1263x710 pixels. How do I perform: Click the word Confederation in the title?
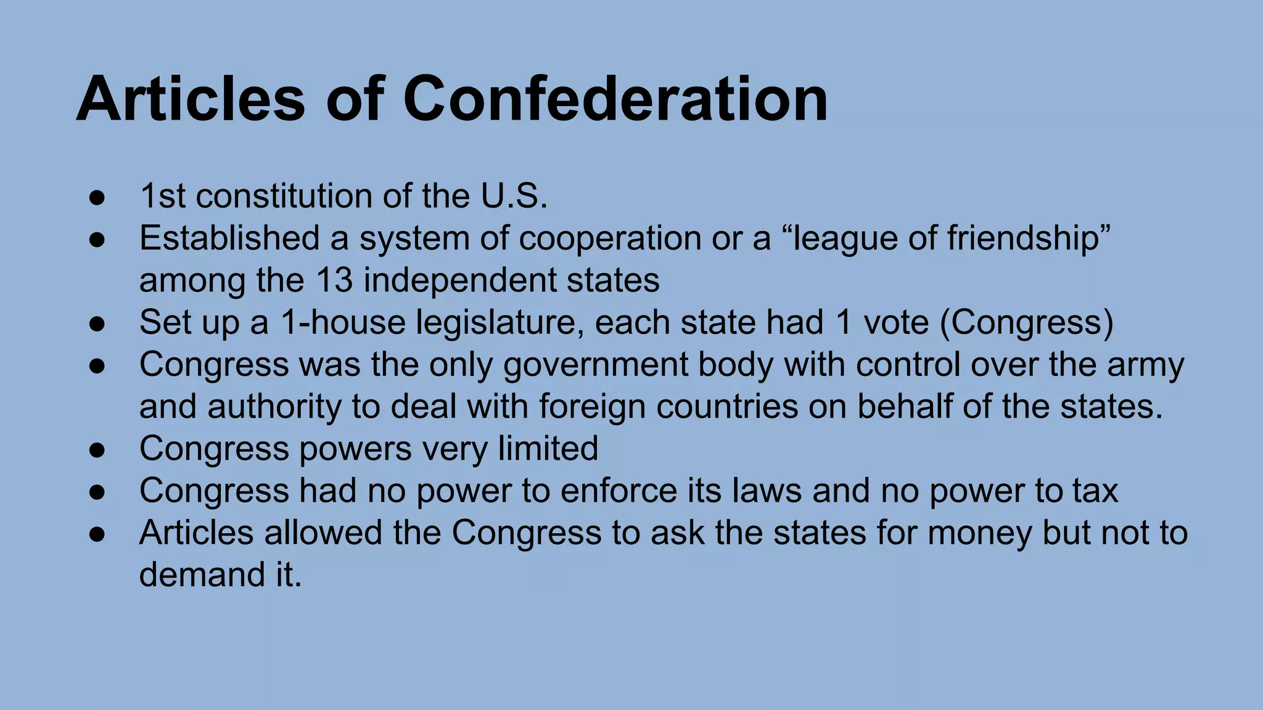click(615, 99)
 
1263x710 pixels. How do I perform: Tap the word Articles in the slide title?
click(191, 99)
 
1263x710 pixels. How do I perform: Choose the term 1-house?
click(342, 322)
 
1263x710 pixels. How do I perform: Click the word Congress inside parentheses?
click(1026, 322)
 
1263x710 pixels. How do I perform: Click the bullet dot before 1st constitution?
click(97, 197)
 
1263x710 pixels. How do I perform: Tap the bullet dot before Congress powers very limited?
click(97, 449)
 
